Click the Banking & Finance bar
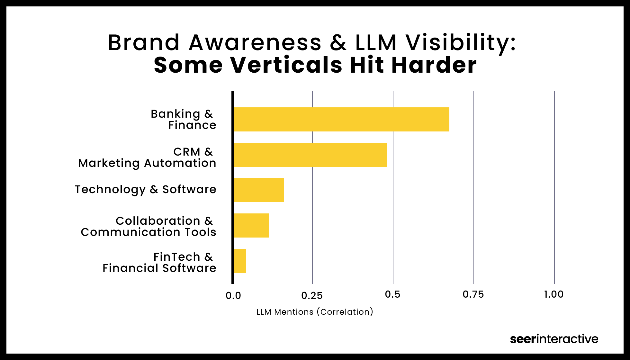(341, 120)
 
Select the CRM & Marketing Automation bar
(310, 155)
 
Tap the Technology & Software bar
(259, 190)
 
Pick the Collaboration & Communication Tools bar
(251, 226)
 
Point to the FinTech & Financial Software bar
(240, 261)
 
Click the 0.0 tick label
(233, 296)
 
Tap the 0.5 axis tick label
(393, 294)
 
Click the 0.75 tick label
(473, 294)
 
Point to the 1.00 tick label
(554, 294)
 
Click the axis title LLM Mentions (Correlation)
(315, 312)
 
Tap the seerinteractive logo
(554, 339)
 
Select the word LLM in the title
(376, 42)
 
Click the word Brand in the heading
(144, 42)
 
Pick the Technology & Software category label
(145, 190)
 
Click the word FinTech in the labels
(177, 257)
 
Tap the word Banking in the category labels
(175, 114)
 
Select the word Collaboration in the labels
(158, 221)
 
